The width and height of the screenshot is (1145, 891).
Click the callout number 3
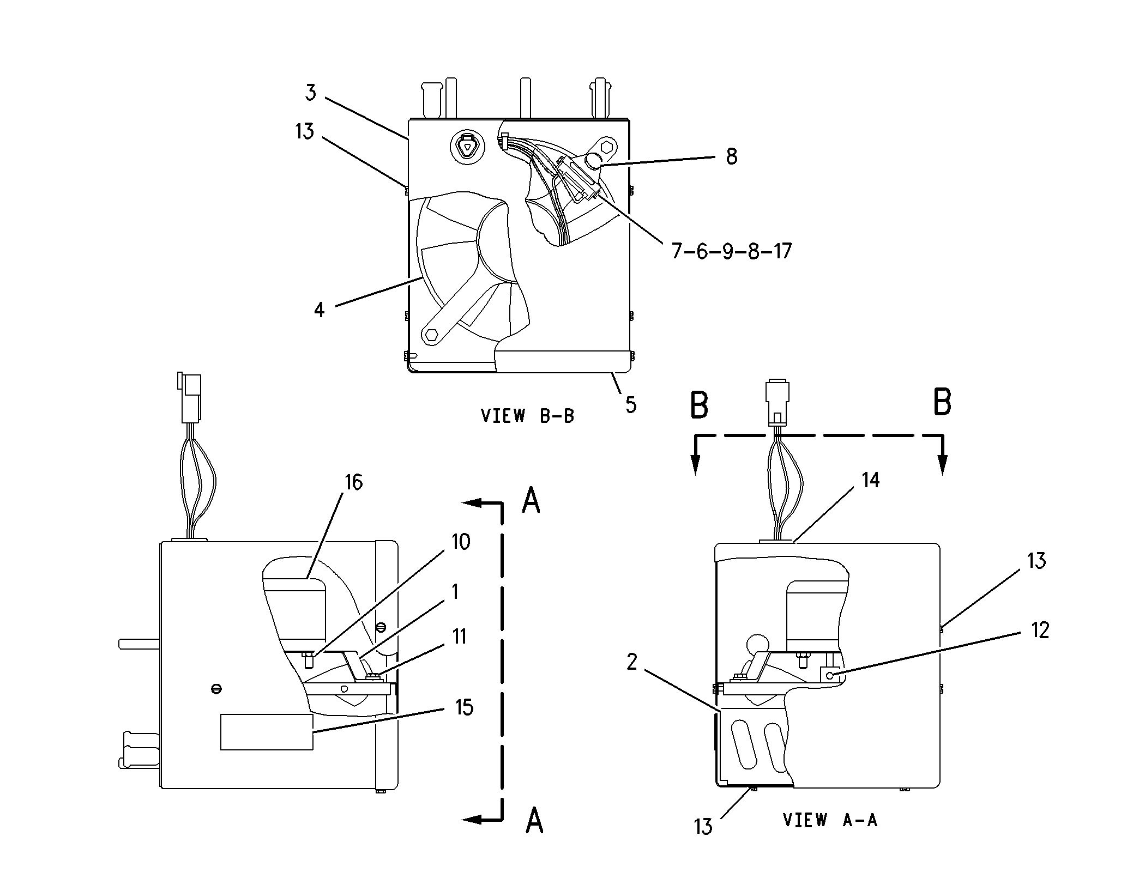310,93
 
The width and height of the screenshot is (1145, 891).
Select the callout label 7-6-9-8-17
731,251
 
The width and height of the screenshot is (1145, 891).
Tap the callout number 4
320,310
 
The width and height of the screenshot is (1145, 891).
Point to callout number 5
631,404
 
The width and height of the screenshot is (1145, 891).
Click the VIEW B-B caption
527,416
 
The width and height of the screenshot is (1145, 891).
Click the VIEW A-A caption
830,835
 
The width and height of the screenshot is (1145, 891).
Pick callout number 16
354,482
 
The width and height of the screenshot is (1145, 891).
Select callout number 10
461,542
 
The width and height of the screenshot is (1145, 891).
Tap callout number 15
464,707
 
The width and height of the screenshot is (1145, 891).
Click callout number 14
871,480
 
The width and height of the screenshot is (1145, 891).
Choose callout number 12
1040,631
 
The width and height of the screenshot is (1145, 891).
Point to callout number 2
632,662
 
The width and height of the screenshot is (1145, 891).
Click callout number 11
460,637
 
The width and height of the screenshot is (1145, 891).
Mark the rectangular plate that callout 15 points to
267,732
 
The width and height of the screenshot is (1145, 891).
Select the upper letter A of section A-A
531,500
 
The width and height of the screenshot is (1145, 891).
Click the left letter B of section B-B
700,404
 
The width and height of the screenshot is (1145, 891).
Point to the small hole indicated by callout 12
830,676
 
